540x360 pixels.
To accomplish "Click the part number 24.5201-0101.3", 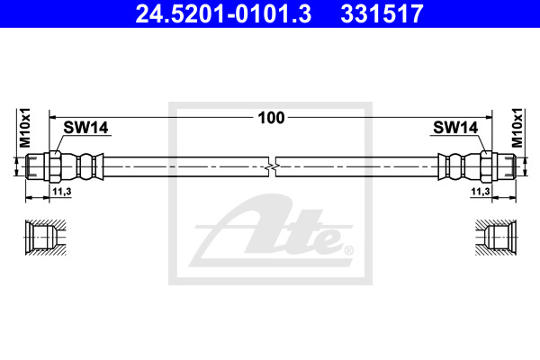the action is (223, 13).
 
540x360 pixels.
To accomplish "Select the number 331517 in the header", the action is (382, 13).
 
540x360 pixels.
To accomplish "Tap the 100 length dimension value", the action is (272, 118).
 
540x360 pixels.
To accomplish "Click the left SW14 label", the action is (85, 128).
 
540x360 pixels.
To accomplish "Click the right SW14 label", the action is (455, 128).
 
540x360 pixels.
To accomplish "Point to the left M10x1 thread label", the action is (25, 128).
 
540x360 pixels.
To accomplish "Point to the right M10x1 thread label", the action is (517, 128).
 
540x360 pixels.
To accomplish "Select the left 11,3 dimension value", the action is (61, 191).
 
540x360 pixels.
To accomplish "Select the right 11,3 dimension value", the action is (480, 191).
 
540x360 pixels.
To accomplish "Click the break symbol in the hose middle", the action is (272, 166).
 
